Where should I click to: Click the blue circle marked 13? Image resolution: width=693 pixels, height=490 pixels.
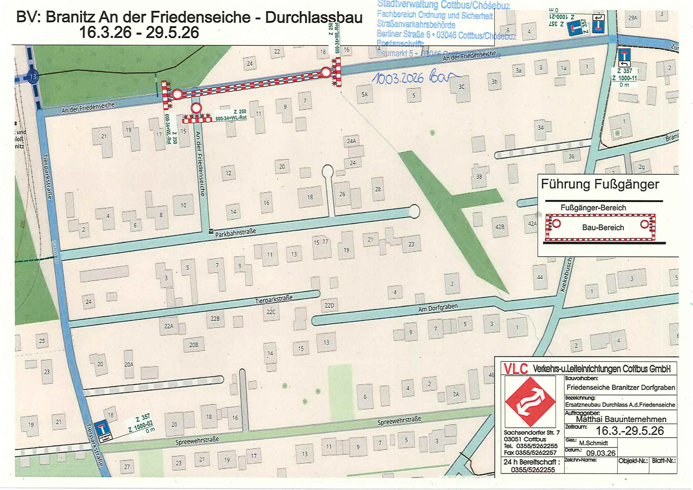(x=33, y=77)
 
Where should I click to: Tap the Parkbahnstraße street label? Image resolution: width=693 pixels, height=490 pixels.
(x=235, y=233)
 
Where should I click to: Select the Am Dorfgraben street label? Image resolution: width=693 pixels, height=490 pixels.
(x=438, y=308)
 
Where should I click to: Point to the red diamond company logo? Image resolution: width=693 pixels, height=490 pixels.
(x=530, y=401)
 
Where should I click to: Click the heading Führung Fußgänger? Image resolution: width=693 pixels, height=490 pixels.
(x=600, y=184)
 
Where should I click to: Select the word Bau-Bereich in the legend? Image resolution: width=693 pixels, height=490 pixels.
(x=603, y=228)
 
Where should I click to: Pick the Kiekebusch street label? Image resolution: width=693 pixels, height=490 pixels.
(x=566, y=274)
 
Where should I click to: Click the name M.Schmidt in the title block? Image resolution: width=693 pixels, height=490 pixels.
(x=593, y=443)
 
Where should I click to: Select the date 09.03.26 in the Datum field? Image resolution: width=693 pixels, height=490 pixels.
(x=601, y=453)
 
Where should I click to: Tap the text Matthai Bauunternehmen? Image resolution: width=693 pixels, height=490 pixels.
(x=621, y=419)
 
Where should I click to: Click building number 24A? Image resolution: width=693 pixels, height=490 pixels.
(x=351, y=141)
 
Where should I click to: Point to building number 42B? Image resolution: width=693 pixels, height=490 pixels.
(x=500, y=227)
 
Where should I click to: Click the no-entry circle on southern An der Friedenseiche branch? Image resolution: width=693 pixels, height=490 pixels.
(x=196, y=108)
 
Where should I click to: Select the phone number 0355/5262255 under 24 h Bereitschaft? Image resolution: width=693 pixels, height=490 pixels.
(x=533, y=470)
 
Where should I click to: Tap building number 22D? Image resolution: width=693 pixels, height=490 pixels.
(x=329, y=305)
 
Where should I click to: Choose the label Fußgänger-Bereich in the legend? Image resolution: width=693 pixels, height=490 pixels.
(x=593, y=208)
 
